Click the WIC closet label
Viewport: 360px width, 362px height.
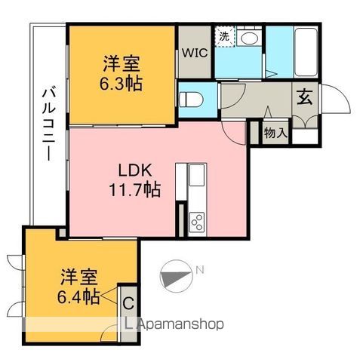pyautogui.click(x=195, y=54)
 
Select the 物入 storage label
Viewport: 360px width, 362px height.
pyautogui.click(x=275, y=133)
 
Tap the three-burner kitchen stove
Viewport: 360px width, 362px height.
pyautogui.click(x=196, y=221)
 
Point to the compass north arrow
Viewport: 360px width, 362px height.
pyautogui.click(x=176, y=275)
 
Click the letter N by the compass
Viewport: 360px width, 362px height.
pyautogui.click(x=200, y=269)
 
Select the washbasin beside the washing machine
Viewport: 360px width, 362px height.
pyautogui.click(x=251, y=38)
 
